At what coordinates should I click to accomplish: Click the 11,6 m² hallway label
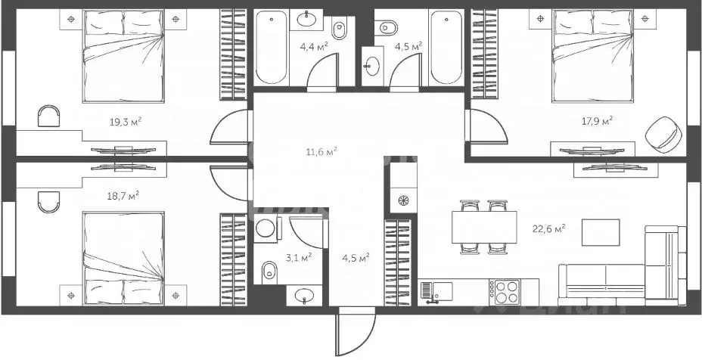click(321, 151)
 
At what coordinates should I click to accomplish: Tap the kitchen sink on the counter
click(436, 290)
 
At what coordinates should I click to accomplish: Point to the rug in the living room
click(600, 232)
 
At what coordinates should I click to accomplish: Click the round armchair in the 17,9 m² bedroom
click(663, 134)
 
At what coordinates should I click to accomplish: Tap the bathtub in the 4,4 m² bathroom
click(272, 48)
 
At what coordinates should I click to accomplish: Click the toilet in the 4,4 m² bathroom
click(339, 29)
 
